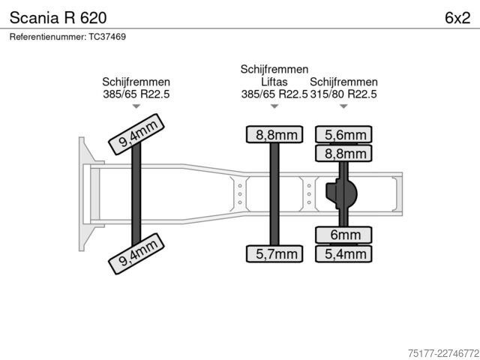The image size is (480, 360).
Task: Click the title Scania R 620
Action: [58, 18]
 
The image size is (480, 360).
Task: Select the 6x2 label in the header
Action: [457, 18]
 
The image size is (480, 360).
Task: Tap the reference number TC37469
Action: [107, 37]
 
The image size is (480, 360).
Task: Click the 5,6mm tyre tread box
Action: [343, 134]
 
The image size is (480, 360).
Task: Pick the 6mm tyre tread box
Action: [343, 235]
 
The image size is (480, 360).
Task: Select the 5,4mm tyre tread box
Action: [343, 253]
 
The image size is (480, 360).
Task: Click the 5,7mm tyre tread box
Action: [274, 253]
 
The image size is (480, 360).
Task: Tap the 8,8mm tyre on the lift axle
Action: [274, 134]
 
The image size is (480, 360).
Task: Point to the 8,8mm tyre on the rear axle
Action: [343, 153]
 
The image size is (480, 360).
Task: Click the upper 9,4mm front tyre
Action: [136, 134]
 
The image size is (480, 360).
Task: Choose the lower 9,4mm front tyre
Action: [136, 253]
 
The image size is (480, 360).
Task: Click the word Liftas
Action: [274, 82]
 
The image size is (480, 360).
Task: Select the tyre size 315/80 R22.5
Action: [343, 94]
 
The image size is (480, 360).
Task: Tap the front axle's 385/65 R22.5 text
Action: [136, 94]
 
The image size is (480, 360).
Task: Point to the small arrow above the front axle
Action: [136, 106]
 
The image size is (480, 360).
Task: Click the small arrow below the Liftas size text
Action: [274, 106]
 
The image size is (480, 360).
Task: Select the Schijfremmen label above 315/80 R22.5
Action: [343, 82]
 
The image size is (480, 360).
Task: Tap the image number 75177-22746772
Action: [443, 353]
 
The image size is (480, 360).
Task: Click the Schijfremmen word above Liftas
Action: [274, 69]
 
